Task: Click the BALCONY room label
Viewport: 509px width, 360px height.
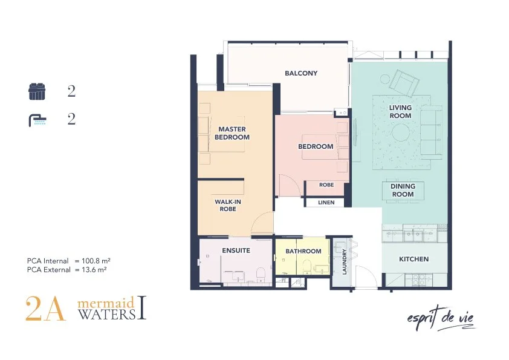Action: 301,73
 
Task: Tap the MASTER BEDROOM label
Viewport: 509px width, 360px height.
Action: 232,133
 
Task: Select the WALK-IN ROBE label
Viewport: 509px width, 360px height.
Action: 228,205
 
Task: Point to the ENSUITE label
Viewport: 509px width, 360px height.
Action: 236,250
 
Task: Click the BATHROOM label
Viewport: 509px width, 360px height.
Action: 303,251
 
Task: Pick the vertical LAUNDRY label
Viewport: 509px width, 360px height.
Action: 345,261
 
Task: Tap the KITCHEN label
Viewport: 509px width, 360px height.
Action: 413,259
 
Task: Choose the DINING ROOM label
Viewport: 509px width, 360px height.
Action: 403,190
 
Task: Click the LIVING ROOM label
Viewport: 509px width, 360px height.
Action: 400,111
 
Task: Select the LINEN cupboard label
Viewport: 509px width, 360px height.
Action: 326,203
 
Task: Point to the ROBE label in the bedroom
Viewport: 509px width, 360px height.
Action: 326,185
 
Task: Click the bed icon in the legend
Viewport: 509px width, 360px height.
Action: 37,91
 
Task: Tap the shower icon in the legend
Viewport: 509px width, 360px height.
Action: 37,120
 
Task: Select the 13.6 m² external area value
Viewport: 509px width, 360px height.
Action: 94,269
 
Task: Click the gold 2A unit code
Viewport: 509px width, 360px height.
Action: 45,309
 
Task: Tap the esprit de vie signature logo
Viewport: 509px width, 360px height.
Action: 441,318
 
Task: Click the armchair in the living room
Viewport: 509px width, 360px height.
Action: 404,82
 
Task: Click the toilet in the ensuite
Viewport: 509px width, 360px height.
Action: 261,275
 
